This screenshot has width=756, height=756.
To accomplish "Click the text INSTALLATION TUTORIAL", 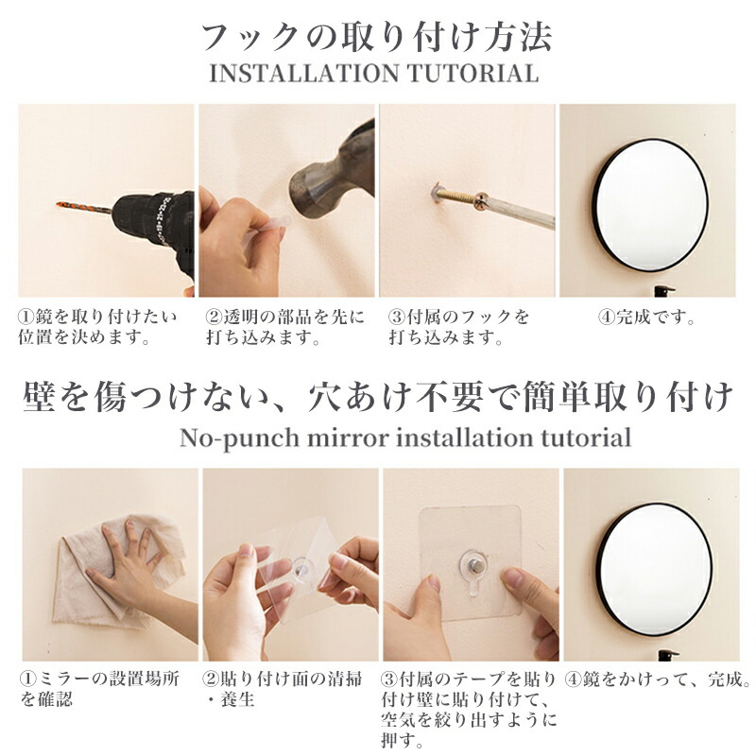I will (x=377, y=73).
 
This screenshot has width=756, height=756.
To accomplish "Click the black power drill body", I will (x=151, y=223).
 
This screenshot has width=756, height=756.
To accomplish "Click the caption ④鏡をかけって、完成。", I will (x=658, y=679).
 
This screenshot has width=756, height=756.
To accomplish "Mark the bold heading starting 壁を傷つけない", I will (x=377, y=397).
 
